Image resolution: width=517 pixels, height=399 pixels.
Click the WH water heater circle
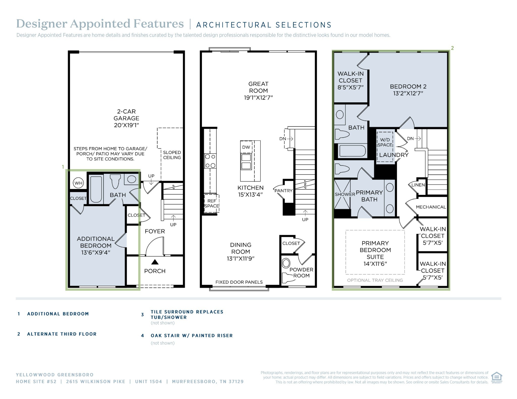78,183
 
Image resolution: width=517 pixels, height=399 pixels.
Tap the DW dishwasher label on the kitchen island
246,147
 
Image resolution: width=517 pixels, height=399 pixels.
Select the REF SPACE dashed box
212,203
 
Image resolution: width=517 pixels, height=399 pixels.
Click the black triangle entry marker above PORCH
155,262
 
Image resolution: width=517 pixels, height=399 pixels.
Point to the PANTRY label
283,191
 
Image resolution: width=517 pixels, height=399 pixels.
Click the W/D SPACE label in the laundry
385,142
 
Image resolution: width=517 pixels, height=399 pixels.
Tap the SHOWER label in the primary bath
345,194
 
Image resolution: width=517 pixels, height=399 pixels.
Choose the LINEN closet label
418,185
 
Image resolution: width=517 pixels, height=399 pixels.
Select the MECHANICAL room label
431,207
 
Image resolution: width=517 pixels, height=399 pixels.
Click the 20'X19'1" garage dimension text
126,125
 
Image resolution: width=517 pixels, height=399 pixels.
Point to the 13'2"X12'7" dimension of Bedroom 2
408,93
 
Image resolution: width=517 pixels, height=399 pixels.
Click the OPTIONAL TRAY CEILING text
375,280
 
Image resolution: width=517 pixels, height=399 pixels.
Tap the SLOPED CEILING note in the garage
172,155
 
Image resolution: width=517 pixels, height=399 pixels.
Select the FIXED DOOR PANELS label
239,282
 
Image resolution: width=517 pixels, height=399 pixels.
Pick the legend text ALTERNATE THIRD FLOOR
62,334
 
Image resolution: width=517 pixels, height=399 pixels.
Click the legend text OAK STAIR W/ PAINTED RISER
192,335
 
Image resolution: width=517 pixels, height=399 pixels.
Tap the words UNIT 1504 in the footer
148,382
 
